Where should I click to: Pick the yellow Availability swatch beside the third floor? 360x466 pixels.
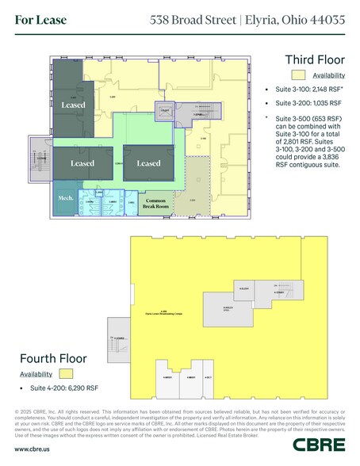click(x=298, y=75)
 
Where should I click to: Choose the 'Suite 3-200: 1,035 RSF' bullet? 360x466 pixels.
click(x=303, y=104)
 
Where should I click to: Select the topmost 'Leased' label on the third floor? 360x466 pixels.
click(x=74, y=105)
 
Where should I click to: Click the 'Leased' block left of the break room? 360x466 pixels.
click(x=148, y=163)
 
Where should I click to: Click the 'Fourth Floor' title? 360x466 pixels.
click(x=52, y=358)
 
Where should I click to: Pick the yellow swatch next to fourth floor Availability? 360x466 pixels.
click(x=66, y=373)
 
